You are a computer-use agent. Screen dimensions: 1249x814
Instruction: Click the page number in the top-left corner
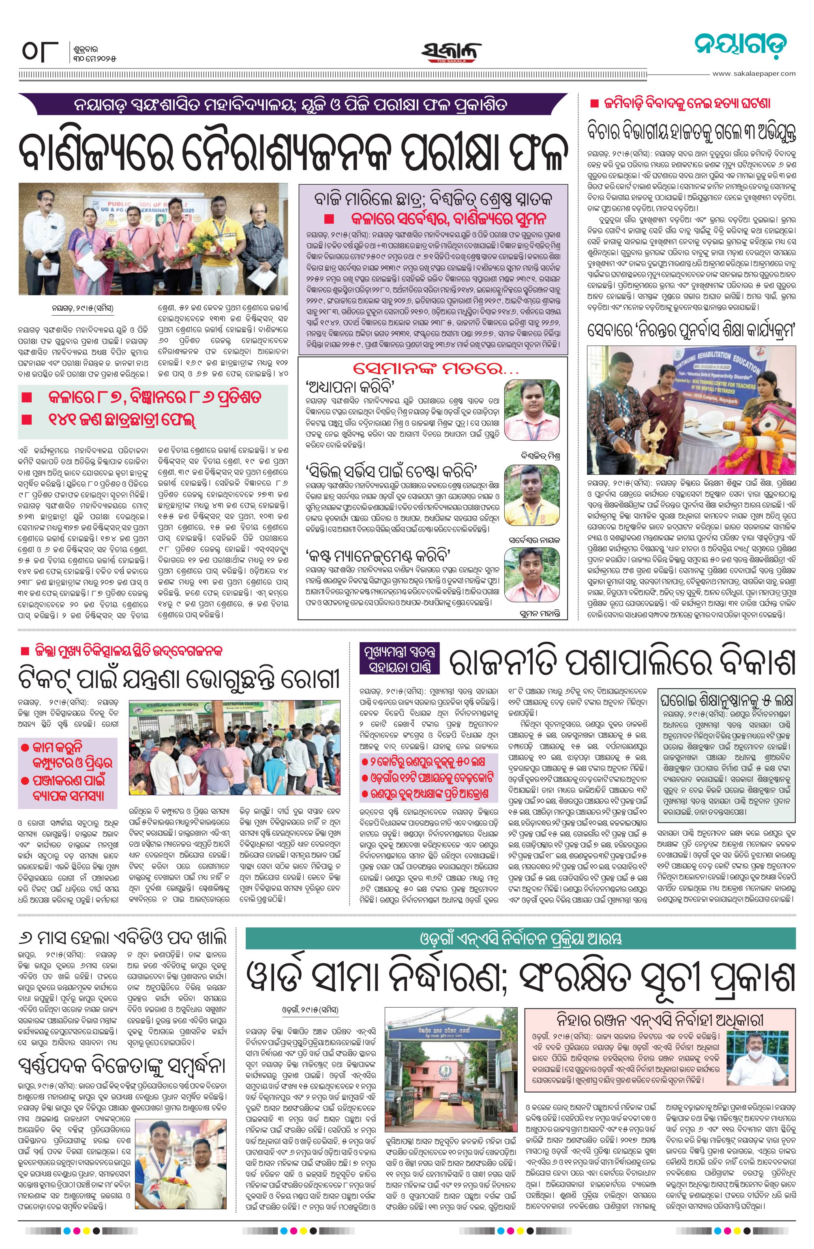click(39, 53)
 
